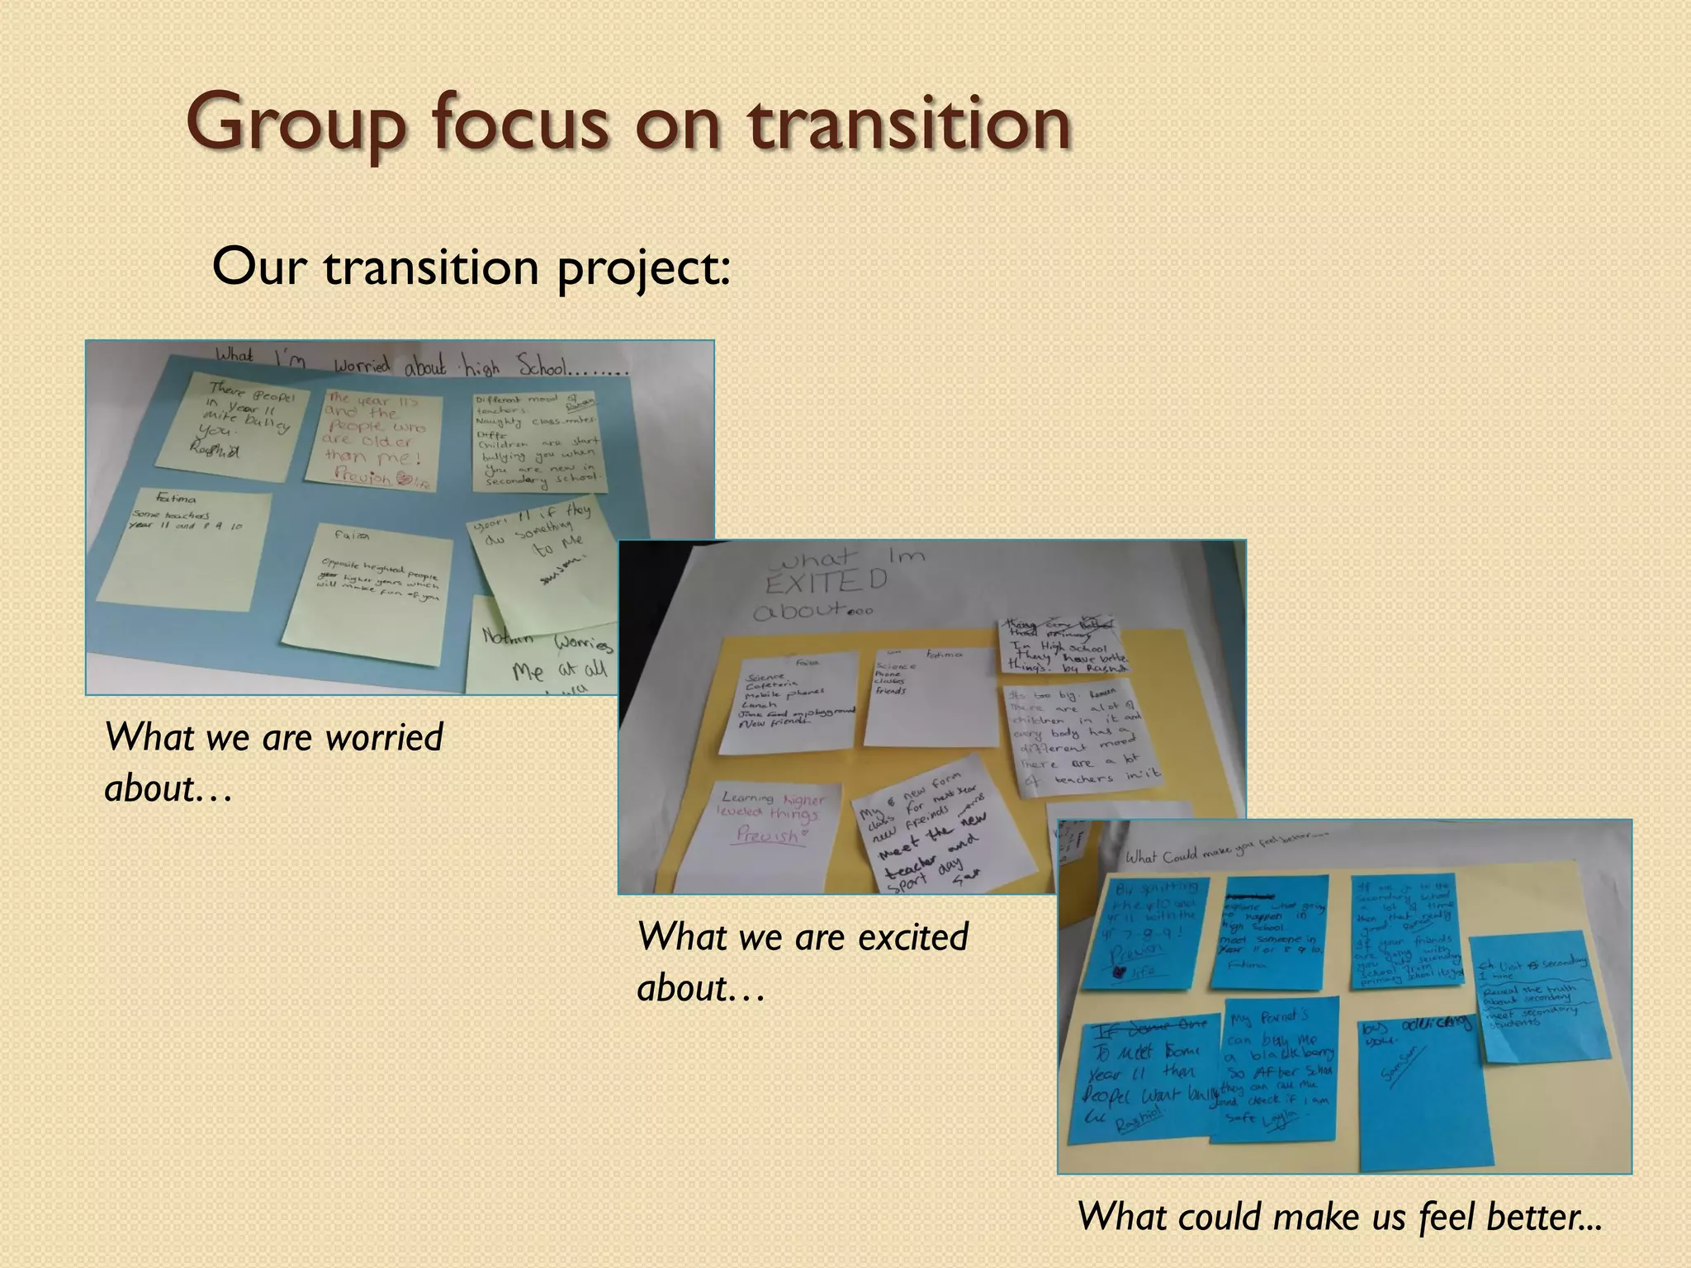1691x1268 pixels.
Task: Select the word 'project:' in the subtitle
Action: click(644, 268)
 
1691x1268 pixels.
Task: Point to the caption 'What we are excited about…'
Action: click(803, 961)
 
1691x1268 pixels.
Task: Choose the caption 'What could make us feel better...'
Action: click(1339, 1216)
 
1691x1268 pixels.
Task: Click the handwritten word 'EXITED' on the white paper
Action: click(826, 582)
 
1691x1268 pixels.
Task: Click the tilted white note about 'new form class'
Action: click(917, 834)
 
